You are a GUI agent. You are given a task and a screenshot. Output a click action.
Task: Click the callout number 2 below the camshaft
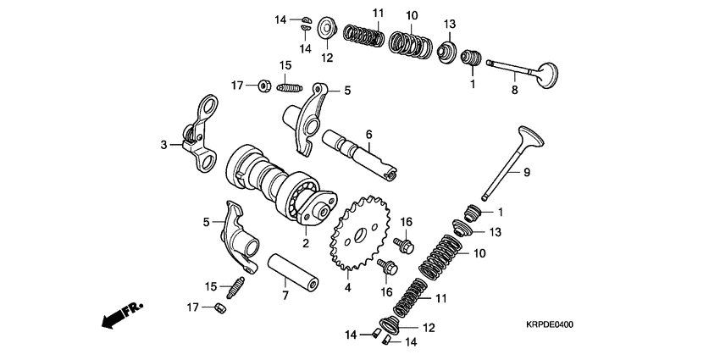pos(305,243)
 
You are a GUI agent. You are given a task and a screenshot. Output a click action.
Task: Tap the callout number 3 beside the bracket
pos(163,145)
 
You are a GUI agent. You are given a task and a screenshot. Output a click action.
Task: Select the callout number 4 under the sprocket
pos(347,287)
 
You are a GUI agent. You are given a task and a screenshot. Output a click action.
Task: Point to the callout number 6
pos(368,135)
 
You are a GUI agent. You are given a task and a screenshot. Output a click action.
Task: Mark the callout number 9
pos(525,173)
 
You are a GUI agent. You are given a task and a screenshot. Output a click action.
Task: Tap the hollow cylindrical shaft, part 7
pos(295,269)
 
